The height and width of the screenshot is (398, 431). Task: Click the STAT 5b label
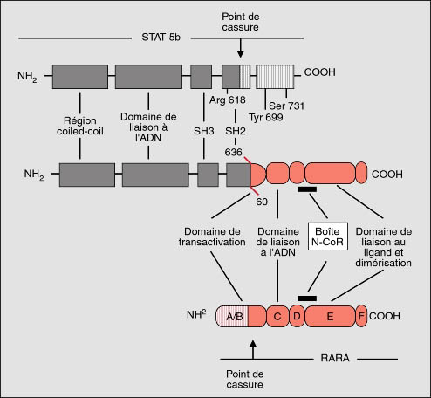161,38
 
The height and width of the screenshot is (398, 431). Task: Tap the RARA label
335,358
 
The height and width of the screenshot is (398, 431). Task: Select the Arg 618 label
228,100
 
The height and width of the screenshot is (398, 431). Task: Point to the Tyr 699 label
266,117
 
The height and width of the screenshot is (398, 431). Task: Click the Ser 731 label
286,106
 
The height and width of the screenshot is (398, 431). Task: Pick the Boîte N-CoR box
328,237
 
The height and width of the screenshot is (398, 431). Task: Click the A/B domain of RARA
232,316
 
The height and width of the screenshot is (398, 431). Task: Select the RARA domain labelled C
277,316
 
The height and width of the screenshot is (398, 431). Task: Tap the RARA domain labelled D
297,316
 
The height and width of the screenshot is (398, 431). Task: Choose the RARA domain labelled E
330,316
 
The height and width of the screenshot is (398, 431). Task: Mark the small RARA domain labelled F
361,316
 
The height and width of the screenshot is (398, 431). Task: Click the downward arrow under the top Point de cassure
240,48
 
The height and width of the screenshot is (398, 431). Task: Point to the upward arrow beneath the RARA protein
253,349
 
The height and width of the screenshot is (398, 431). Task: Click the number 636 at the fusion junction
233,152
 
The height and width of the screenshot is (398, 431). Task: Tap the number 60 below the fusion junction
262,202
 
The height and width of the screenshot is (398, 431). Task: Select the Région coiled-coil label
80,126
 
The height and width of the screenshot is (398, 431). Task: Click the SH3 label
204,131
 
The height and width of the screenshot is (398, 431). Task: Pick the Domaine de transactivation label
212,237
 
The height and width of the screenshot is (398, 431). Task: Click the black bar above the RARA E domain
307,298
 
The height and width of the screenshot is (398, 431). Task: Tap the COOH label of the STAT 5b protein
319,72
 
